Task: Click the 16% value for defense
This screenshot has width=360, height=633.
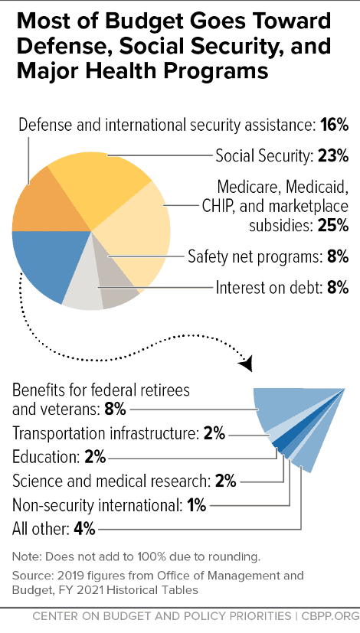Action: pos(335,126)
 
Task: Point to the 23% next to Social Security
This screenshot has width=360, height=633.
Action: pos(333,155)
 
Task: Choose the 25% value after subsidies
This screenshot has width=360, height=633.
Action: pos(333,226)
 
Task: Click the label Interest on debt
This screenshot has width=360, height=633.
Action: pos(268,288)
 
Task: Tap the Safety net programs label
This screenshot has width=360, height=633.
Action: pos(254,257)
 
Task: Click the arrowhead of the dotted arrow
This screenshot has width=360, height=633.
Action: pos(247,363)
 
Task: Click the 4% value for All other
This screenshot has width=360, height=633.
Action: pos(84,528)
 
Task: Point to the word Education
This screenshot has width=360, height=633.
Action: pos(46,458)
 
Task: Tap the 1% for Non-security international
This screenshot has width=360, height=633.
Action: pos(196,505)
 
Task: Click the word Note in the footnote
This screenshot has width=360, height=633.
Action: pos(25,556)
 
